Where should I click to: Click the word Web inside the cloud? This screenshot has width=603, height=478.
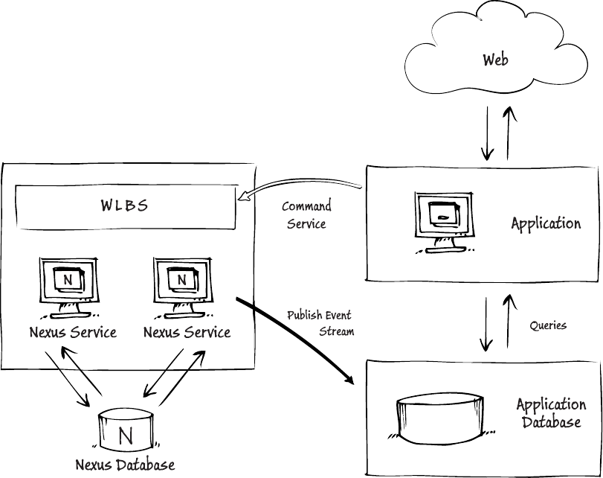click(495, 60)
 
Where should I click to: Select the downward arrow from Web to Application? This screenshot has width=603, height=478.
click(488, 133)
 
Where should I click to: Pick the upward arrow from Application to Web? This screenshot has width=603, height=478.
click(509, 133)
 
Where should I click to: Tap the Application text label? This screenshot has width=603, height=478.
click(546, 223)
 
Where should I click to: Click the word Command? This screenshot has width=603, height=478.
click(306, 207)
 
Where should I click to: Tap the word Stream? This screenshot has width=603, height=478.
click(336, 331)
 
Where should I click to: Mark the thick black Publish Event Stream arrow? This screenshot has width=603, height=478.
click(297, 339)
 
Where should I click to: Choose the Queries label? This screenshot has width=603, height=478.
click(548, 325)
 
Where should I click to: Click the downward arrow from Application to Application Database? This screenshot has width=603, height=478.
click(487, 325)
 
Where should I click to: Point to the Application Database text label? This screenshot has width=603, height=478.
click(550, 413)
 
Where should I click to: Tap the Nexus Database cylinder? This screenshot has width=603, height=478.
click(124, 430)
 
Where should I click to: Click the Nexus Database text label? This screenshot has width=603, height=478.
click(125, 465)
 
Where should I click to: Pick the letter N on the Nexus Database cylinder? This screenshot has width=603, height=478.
click(124, 434)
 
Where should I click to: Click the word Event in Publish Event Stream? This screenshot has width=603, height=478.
click(338, 315)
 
